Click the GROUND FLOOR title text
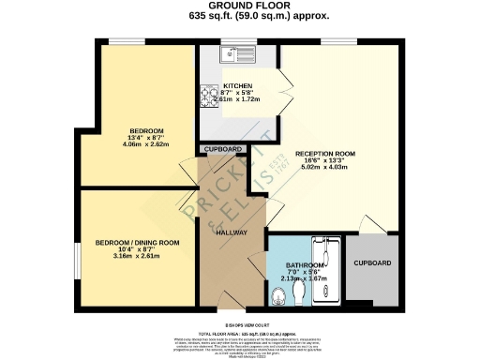coord(239,7)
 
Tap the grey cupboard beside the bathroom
coord(372,270)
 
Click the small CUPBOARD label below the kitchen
coord(223,150)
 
